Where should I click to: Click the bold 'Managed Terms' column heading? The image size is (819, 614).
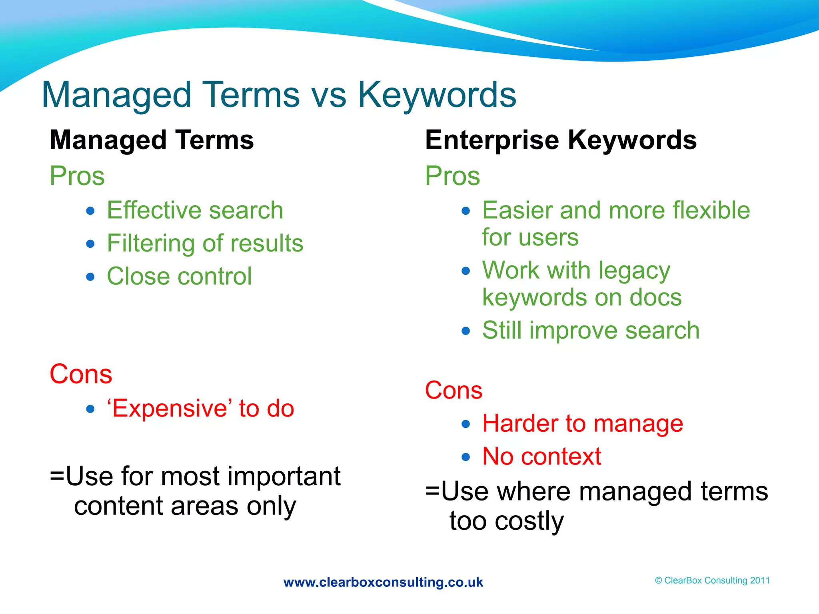pos(152,140)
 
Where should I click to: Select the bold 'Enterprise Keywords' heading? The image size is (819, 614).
pos(561,140)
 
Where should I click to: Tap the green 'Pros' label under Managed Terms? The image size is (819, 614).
pos(77,176)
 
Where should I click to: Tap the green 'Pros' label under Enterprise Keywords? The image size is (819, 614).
pos(452,176)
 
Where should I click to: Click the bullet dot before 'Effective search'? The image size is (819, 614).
pos(90,211)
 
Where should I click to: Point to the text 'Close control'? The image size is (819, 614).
pos(179,276)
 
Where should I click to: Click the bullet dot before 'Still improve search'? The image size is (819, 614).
pos(465,331)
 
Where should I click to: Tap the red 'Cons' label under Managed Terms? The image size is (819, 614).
pos(81,374)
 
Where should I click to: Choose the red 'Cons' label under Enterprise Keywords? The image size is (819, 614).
pos(453,390)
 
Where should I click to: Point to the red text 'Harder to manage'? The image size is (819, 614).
pos(583,424)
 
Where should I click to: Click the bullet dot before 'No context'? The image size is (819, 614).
pos(465,457)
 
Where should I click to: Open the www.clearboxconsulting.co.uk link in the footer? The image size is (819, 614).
pos(383,582)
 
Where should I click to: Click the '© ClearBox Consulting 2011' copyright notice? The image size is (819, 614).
pos(712,580)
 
